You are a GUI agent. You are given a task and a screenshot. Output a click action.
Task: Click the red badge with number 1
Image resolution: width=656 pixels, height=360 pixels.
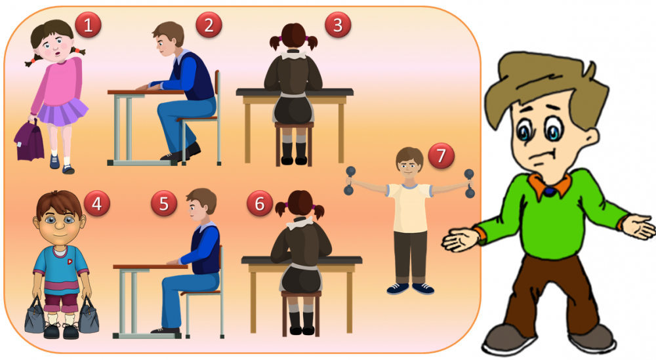click(88, 25)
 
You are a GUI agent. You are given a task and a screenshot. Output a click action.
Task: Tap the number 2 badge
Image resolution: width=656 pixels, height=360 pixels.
click(209, 25)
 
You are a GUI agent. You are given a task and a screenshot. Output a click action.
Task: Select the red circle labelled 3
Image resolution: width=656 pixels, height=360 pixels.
click(338, 25)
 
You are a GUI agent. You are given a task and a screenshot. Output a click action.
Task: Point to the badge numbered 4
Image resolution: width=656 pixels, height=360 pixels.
click(96, 203)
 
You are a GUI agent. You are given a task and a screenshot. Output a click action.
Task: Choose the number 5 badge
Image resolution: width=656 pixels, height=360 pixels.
click(163, 203)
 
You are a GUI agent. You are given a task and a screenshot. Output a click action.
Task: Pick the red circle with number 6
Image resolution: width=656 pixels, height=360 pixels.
click(260, 203)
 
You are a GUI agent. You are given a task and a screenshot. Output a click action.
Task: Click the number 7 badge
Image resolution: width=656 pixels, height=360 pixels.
click(441, 155)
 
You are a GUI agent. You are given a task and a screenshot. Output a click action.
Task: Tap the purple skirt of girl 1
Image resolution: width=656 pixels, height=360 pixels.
click(63, 112)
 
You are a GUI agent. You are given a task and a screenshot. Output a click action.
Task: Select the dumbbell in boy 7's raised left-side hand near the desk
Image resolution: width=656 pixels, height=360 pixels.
click(350, 180)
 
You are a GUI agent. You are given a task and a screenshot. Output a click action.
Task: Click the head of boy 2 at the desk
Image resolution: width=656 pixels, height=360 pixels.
click(168, 39)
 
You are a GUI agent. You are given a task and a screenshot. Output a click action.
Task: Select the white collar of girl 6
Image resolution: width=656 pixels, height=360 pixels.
click(300, 223)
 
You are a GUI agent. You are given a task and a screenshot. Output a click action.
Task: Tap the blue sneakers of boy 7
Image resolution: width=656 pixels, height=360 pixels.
click(411, 288)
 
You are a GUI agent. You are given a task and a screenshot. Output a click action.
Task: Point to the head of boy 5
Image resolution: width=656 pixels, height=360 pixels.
click(201, 205)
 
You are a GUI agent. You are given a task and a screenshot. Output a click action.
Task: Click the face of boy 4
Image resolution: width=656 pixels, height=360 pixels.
click(60, 224)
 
